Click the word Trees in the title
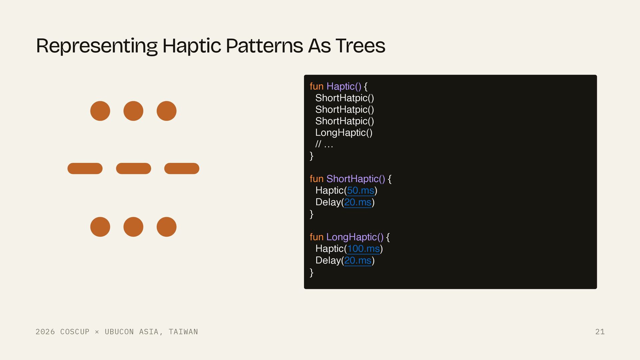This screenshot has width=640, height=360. pyautogui.click(x=360, y=46)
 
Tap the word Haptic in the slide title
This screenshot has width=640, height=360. pyautogui.click(x=192, y=46)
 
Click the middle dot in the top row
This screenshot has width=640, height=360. pyautogui.click(x=133, y=111)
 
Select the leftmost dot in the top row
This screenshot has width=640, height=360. pyautogui.click(x=100, y=111)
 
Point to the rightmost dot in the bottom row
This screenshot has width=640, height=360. pyautogui.click(x=166, y=227)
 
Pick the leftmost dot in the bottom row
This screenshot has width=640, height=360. pyautogui.click(x=100, y=227)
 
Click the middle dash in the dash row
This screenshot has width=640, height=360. pyautogui.click(x=133, y=169)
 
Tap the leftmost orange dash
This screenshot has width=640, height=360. pyautogui.click(x=85, y=169)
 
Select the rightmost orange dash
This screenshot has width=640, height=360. pyautogui.click(x=182, y=169)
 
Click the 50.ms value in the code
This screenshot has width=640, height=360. pyautogui.click(x=361, y=191)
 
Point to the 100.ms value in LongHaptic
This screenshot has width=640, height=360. pyautogui.click(x=363, y=249)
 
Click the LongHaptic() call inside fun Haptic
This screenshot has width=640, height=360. pyautogui.click(x=344, y=133)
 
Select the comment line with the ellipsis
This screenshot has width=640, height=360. pyautogui.click(x=324, y=144)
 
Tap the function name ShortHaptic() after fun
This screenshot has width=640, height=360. pyautogui.click(x=356, y=179)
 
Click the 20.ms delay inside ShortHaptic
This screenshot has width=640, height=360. pyautogui.click(x=358, y=202)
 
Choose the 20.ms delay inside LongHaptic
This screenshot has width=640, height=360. pyautogui.click(x=358, y=261)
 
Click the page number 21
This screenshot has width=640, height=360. pyautogui.click(x=600, y=332)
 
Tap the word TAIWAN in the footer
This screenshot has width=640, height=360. pyautogui.click(x=183, y=332)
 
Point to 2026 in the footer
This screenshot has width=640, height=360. pyautogui.click(x=45, y=332)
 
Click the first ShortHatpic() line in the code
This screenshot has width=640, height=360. pyautogui.click(x=345, y=98)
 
